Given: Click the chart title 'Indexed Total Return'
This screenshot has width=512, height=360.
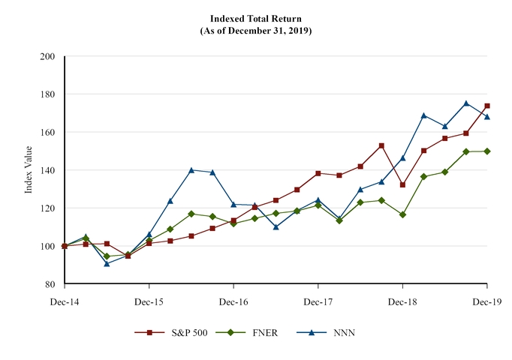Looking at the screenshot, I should (256, 18).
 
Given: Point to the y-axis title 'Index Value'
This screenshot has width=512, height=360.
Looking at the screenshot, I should (29, 170).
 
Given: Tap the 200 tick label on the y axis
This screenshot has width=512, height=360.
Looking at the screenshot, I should (48, 56).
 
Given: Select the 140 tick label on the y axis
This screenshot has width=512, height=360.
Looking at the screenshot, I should (48, 170).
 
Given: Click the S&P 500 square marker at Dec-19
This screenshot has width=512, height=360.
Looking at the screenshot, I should (487, 106).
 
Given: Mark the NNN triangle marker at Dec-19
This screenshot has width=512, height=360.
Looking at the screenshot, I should (487, 116).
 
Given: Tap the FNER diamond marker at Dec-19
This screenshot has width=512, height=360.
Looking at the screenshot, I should (487, 151).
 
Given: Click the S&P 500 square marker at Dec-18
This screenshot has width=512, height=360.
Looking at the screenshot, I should (403, 184).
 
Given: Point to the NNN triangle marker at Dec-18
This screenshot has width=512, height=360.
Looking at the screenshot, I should (403, 157).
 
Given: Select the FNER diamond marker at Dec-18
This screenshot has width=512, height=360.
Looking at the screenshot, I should (403, 214).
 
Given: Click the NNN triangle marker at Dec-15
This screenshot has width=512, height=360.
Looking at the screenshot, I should (149, 234).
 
